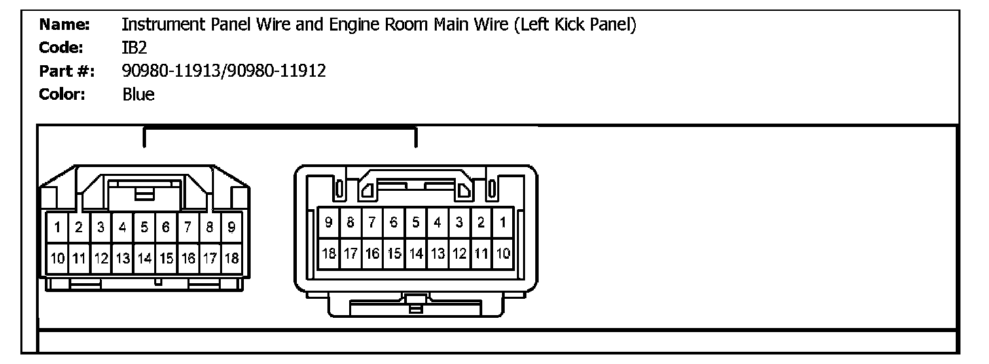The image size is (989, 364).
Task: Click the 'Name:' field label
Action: click(x=65, y=25)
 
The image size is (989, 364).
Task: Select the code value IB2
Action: click(x=133, y=48)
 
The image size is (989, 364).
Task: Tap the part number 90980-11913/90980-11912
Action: click(x=223, y=71)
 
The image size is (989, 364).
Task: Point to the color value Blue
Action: click(x=138, y=94)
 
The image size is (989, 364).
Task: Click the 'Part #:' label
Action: click(x=67, y=71)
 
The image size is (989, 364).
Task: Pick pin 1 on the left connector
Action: click(x=58, y=227)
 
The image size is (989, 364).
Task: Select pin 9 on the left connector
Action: click(x=231, y=227)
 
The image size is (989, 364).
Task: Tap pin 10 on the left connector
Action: click(x=58, y=258)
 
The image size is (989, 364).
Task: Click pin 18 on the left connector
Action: click(x=231, y=258)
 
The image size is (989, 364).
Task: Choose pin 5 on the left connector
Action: click(x=144, y=227)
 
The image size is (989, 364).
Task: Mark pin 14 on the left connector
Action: click(x=144, y=258)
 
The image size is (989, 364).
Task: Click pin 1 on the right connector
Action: click(x=503, y=222)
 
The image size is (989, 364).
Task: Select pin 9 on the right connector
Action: click(x=329, y=222)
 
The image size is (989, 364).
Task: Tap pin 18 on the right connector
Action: click(x=329, y=254)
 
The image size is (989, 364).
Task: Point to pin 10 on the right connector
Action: click(x=503, y=254)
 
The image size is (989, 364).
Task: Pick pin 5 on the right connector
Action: click(x=416, y=222)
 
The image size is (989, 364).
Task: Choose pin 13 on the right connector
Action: click(x=437, y=254)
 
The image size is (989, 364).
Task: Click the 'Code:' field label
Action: click(x=62, y=48)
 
